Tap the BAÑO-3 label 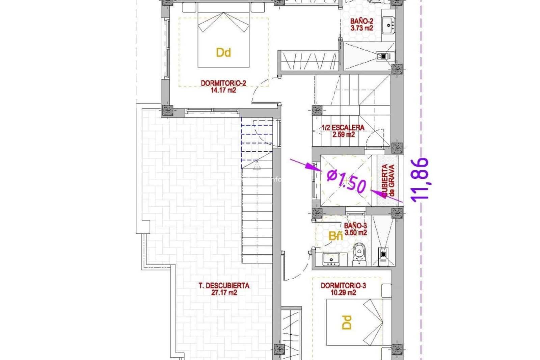click(x=355, y=226)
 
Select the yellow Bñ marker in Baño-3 click(x=335, y=236)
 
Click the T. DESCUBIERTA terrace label click(x=224, y=286)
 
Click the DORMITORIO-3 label click(x=343, y=286)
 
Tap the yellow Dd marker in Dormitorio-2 click(x=223, y=53)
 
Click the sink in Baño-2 click(x=389, y=24)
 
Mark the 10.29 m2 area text click(x=343, y=293)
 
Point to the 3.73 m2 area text click(x=361, y=28)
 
